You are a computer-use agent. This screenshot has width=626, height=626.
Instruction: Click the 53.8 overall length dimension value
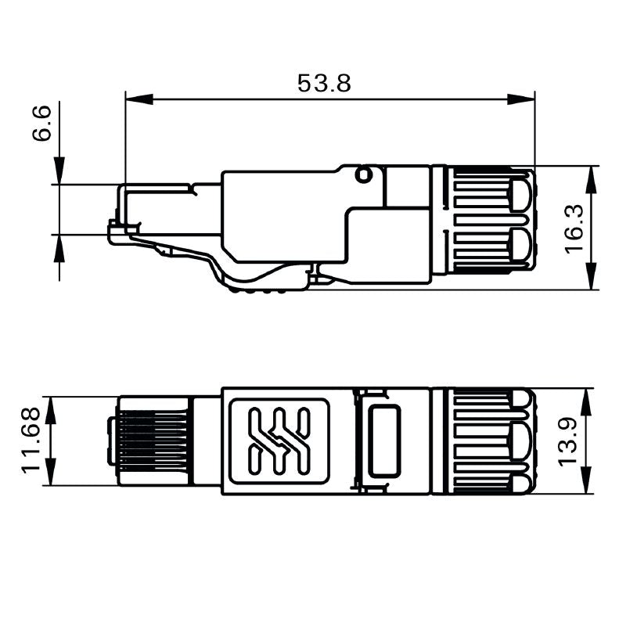(324, 83)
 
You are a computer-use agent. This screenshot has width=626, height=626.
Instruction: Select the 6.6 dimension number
(43, 123)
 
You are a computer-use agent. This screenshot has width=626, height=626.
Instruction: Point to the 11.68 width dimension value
(31, 441)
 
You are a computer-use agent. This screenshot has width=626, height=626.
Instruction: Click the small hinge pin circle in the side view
(363, 174)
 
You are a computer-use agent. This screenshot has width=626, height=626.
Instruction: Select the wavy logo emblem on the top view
(279, 441)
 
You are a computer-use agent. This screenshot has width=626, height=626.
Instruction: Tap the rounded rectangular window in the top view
(384, 441)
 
